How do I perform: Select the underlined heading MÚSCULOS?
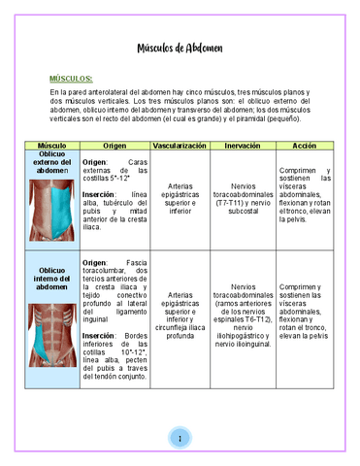(x=71, y=78)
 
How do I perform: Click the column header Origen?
(x=115, y=145)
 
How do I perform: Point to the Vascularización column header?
(x=180, y=145)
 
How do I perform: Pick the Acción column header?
(x=304, y=145)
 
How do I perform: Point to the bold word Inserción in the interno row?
(x=99, y=335)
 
